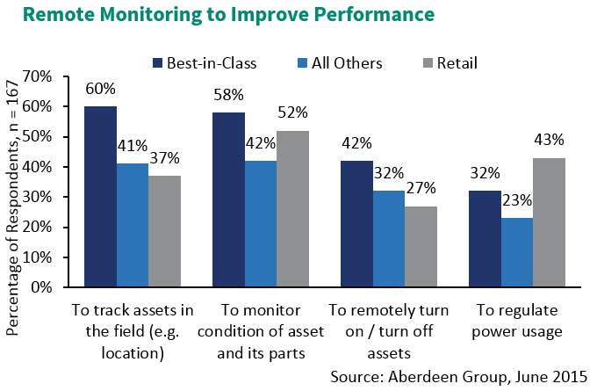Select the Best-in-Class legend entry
203,62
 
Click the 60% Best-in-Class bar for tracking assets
100,197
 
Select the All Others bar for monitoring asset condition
261,224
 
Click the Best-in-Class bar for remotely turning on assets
356,224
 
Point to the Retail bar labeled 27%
421,247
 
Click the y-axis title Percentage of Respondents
14,184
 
